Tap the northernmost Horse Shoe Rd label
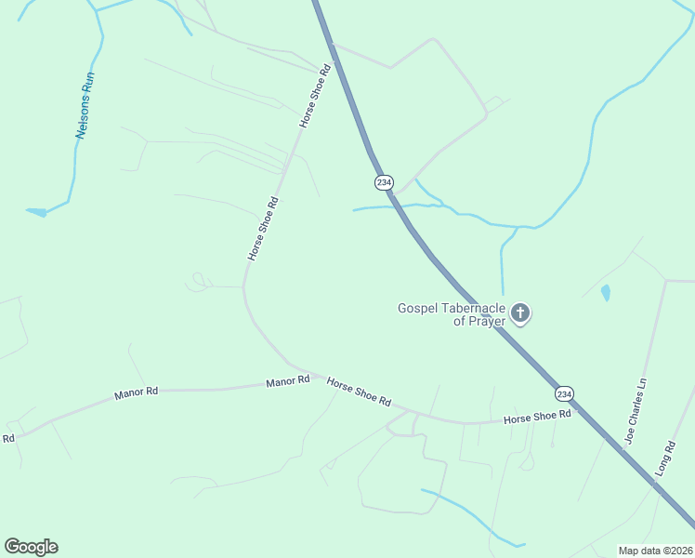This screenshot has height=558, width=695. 316,96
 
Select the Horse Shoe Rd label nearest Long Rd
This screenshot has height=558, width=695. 537,418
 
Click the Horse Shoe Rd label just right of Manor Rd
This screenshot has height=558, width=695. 359,391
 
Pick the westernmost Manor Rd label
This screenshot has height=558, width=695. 137,393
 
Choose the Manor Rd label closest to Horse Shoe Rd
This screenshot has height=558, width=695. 287,381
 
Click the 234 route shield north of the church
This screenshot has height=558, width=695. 384,182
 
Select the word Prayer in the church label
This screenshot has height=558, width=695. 487,321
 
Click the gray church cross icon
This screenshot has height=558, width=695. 520,313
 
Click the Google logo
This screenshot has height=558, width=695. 31,546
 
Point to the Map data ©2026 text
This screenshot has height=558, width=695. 654,550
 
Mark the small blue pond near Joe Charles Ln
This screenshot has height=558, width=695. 606,292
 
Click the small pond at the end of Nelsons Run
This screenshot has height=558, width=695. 37,212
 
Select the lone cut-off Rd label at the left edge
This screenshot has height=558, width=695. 8,438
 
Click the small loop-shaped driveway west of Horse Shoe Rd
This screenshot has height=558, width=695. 198,281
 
